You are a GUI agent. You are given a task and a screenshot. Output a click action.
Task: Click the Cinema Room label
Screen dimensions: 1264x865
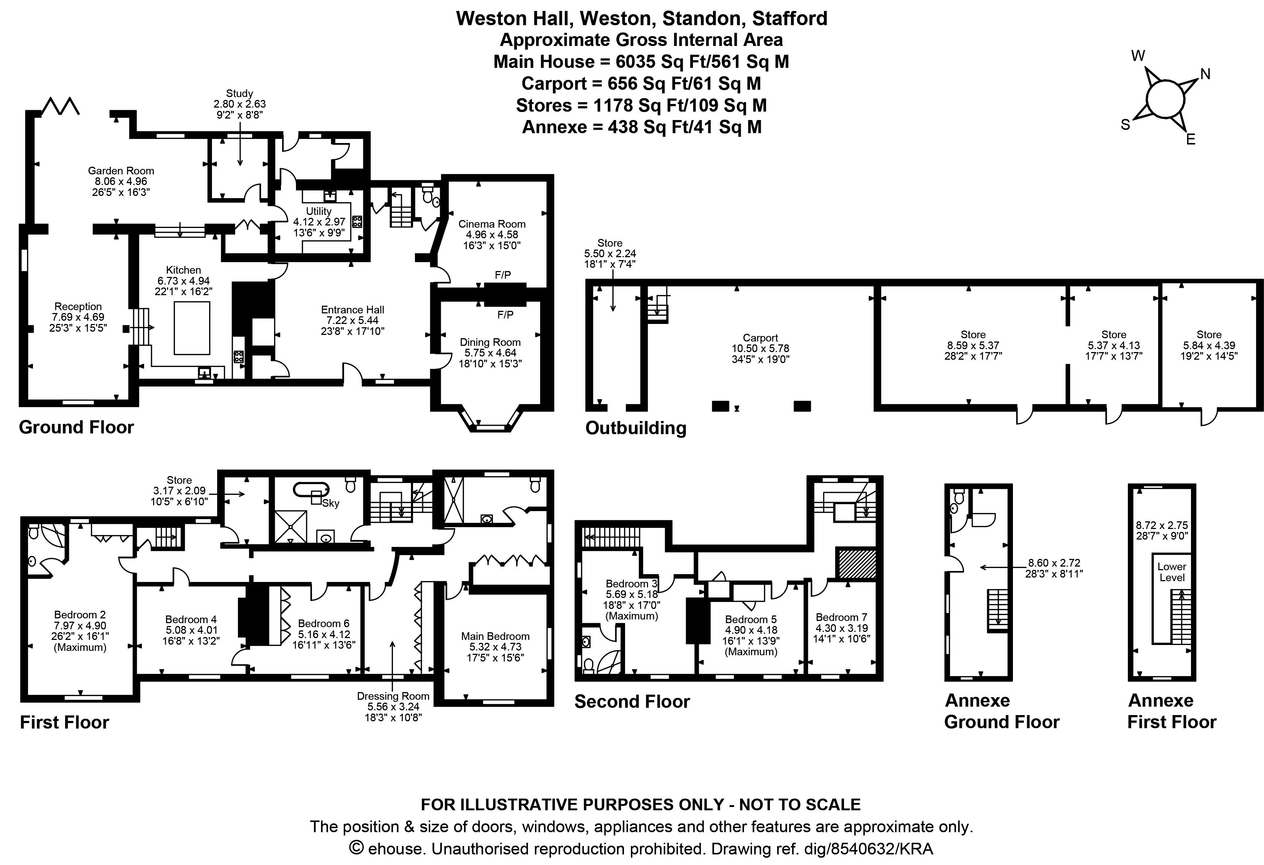point(492,224)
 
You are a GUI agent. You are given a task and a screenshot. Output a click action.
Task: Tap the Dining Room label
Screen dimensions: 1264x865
point(490,342)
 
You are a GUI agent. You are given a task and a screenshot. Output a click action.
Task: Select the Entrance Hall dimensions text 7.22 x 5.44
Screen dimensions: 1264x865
point(352,320)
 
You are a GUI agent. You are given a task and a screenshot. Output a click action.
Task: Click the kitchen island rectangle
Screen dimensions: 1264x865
point(192,328)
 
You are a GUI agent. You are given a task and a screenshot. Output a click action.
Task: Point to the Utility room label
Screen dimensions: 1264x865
point(319,211)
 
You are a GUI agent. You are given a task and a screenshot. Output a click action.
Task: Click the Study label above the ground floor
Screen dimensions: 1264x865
point(239,93)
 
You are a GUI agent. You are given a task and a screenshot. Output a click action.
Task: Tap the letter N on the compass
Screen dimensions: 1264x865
point(1205,74)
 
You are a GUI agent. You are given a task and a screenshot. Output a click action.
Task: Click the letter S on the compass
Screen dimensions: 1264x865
point(1125,125)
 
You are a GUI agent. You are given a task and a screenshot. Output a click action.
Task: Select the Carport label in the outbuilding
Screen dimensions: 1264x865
point(760,337)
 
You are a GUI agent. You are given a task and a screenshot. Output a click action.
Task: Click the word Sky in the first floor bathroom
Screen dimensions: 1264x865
point(331,503)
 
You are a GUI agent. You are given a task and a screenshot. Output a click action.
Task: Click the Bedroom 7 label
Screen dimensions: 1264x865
point(841,617)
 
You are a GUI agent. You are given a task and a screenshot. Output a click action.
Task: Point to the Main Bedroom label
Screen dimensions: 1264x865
point(495,636)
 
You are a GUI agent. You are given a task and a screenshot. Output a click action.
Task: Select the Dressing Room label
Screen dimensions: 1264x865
point(393,696)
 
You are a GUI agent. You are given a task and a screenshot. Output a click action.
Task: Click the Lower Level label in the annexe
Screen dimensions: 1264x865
point(1172,572)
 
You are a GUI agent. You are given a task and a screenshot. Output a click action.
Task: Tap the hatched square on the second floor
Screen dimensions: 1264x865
point(857,564)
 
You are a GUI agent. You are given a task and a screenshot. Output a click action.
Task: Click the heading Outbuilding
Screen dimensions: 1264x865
point(636,428)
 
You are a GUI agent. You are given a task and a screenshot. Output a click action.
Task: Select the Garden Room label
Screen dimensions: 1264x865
point(121,171)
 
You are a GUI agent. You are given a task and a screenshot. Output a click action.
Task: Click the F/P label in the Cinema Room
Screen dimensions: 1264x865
point(502,275)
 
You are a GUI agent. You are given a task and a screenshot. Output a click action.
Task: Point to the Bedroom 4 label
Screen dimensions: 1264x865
point(191,619)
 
